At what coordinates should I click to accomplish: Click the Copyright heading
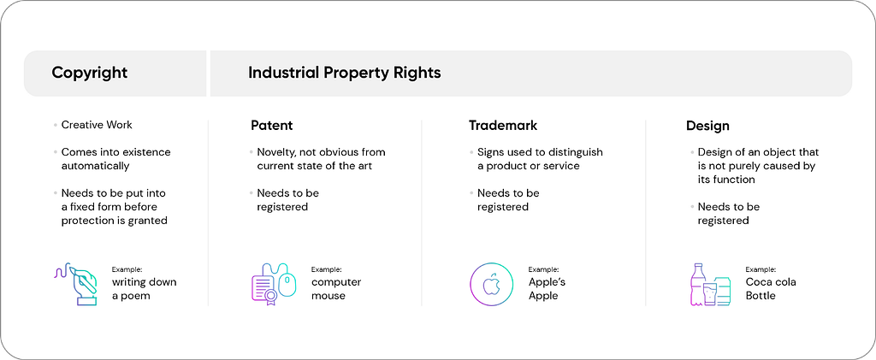pos(89,74)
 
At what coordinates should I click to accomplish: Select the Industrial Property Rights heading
pos(345,74)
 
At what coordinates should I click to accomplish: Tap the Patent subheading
pos(271,126)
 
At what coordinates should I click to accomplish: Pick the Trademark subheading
pos(503,126)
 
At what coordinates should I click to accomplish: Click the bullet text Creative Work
pos(97,125)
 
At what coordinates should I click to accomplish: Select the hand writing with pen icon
pos(76,284)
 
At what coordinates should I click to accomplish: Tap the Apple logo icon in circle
pos(491,284)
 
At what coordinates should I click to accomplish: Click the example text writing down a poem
pos(144,288)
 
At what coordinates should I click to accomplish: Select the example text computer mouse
pos(336,288)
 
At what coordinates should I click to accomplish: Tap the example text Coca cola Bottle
pos(771,288)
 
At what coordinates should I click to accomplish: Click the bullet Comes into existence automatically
pos(116,159)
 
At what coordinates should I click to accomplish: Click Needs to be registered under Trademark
pos(508,200)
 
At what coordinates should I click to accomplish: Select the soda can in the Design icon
pos(723,291)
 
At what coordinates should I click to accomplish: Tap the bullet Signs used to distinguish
pos(541,152)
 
